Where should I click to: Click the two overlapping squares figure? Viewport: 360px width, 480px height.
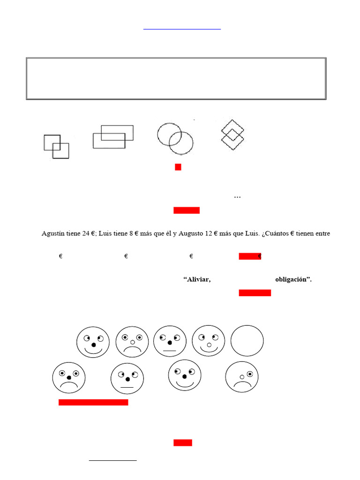(57, 147)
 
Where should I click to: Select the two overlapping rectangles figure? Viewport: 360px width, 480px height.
(113, 136)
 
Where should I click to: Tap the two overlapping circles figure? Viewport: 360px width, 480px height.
(175, 138)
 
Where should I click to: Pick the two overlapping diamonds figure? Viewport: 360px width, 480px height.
(232, 135)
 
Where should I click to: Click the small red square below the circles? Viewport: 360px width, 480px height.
(178, 167)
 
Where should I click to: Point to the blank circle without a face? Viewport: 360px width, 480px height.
(247, 341)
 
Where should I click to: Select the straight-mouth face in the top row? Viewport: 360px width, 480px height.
(170, 342)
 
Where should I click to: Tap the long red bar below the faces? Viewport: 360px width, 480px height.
(93, 402)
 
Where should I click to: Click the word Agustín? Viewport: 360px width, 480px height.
(54, 233)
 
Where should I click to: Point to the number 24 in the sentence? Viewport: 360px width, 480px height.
(86, 233)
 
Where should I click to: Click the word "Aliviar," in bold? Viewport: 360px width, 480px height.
(197, 280)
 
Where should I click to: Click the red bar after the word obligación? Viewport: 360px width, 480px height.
(255, 293)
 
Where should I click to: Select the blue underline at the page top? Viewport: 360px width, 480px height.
(182, 30)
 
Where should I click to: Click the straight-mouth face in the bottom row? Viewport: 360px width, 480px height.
(127, 379)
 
